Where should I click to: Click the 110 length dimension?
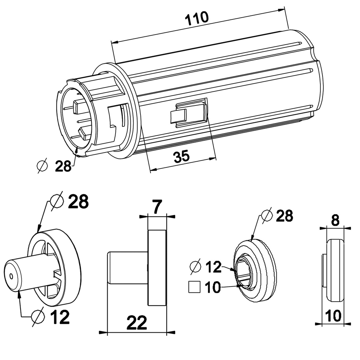(x=197, y=18)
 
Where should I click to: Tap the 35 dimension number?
(x=181, y=156)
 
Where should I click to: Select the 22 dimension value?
(x=136, y=323)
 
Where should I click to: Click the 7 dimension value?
(x=157, y=206)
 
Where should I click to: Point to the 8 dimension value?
(x=336, y=221)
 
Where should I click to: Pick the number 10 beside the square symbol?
(x=213, y=287)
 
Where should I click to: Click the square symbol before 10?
(x=194, y=287)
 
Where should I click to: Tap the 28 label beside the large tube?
(x=63, y=166)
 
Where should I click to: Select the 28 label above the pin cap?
(x=78, y=202)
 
